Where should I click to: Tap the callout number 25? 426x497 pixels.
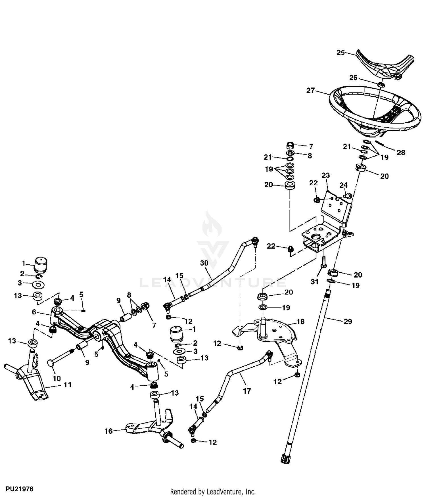(341, 53)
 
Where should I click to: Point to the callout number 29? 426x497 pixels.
(348, 321)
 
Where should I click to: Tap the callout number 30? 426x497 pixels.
(204, 263)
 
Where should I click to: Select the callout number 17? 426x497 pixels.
(247, 391)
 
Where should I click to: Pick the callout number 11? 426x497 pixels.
(68, 385)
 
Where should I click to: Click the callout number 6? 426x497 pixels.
(34, 312)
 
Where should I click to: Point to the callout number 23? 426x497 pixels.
(325, 176)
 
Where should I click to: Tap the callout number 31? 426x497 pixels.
(315, 282)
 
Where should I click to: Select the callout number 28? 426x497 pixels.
(401, 153)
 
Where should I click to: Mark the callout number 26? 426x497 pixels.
(353, 78)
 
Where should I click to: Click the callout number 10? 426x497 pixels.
(57, 378)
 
